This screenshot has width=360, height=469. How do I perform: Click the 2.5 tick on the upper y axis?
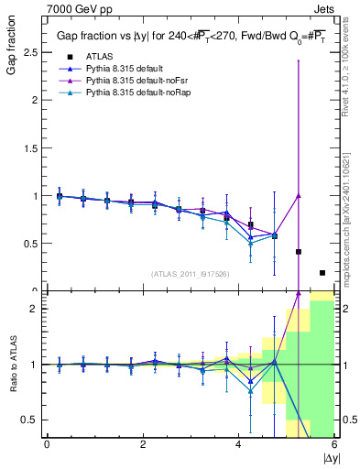pyautogui.click(x=31, y=53)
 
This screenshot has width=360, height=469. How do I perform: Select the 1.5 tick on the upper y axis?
pyautogui.click(x=31, y=148)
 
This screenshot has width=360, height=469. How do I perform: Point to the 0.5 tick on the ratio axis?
pyautogui.click(x=31, y=420)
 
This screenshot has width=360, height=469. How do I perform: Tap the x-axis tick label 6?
pyautogui.click(x=334, y=444)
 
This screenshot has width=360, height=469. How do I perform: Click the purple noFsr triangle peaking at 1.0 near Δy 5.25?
pyautogui.click(x=299, y=195)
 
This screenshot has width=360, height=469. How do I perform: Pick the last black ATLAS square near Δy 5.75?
pyautogui.click(x=322, y=272)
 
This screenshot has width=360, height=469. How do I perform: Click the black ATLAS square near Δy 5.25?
pyautogui.click(x=299, y=251)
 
